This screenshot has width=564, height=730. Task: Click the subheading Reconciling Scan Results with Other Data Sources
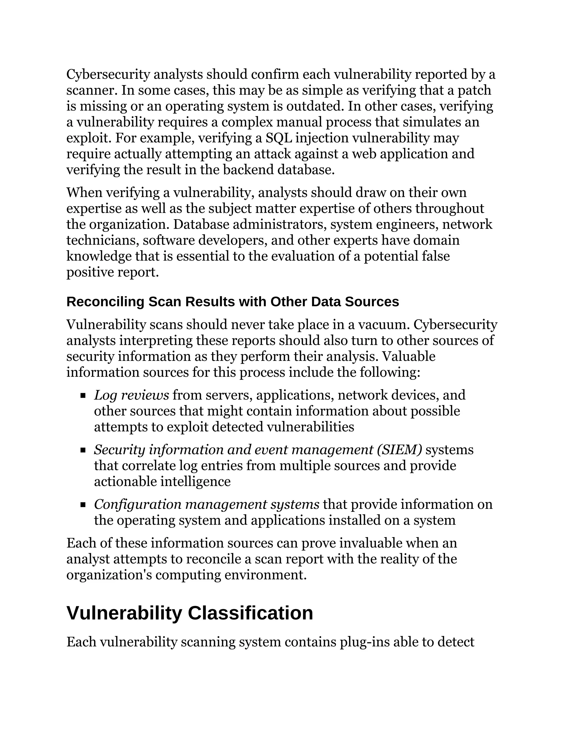(x=232, y=302)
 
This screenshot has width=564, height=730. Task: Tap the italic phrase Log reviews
(x=131, y=395)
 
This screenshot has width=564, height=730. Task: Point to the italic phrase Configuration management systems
(x=207, y=504)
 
